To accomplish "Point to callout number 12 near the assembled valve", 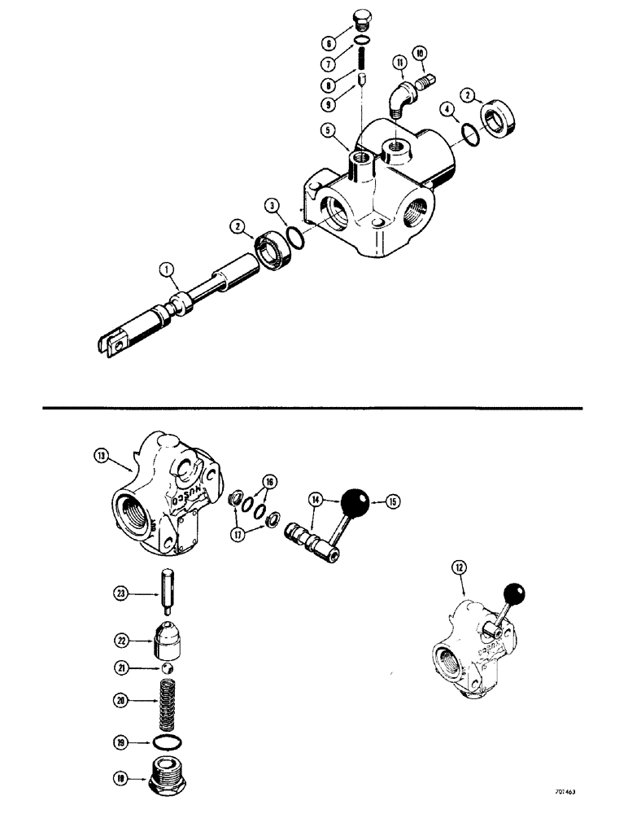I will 460,581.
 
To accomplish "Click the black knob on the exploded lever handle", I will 355,501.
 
